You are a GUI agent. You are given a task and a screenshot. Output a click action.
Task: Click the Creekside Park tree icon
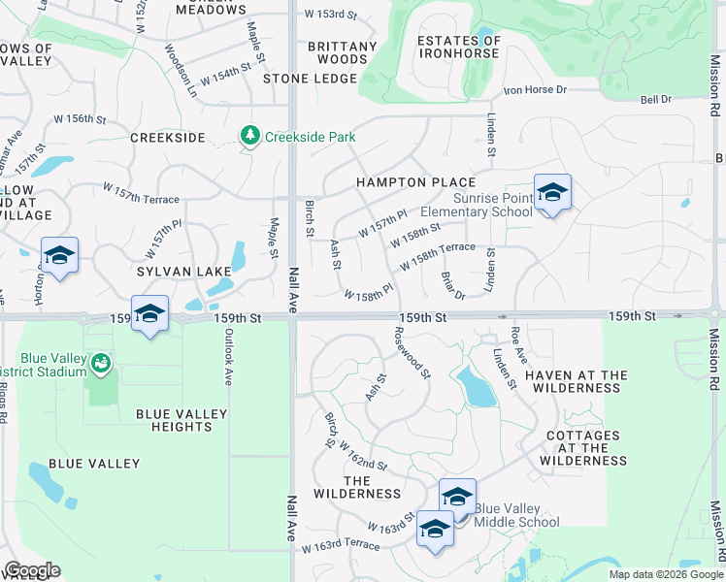[x=250, y=136]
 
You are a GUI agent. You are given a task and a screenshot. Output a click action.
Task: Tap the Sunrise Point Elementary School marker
[x=551, y=193]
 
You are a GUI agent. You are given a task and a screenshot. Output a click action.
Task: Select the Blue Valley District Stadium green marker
[x=100, y=365]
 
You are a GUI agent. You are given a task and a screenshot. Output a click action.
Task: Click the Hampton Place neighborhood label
[x=415, y=182]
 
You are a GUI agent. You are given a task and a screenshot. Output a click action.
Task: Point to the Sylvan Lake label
[x=183, y=272]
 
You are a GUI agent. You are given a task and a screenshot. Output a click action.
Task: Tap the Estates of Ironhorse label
[x=459, y=48]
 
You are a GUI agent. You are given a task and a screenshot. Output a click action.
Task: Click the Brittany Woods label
[x=342, y=52]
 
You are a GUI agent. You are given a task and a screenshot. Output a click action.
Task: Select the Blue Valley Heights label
[x=181, y=421]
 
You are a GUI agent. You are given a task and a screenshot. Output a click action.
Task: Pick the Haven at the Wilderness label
[x=573, y=381]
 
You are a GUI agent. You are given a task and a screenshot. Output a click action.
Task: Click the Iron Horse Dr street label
[x=534, y=90]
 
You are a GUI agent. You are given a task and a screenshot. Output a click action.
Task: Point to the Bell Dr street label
[x=656, y=100]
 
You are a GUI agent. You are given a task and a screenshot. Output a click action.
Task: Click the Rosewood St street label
[x=412, y=352]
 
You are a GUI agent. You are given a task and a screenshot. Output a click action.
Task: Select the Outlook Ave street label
[x=227, y=359]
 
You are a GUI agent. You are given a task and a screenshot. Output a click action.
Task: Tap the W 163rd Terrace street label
[x=340, y=546]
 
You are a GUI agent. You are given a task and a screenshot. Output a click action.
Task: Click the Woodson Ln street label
[x=181, y=72]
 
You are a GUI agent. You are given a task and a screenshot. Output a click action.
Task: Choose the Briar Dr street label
[x=452, y=285]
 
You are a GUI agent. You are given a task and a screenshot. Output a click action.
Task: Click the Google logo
[x=31, y=570]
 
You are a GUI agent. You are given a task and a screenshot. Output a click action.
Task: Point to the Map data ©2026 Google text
[x=665, y=574]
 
